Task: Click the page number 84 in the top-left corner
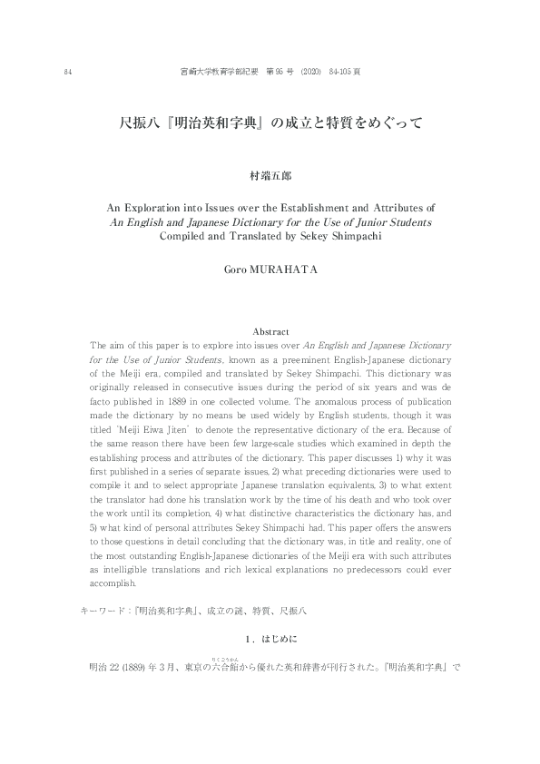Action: (68, 72)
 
